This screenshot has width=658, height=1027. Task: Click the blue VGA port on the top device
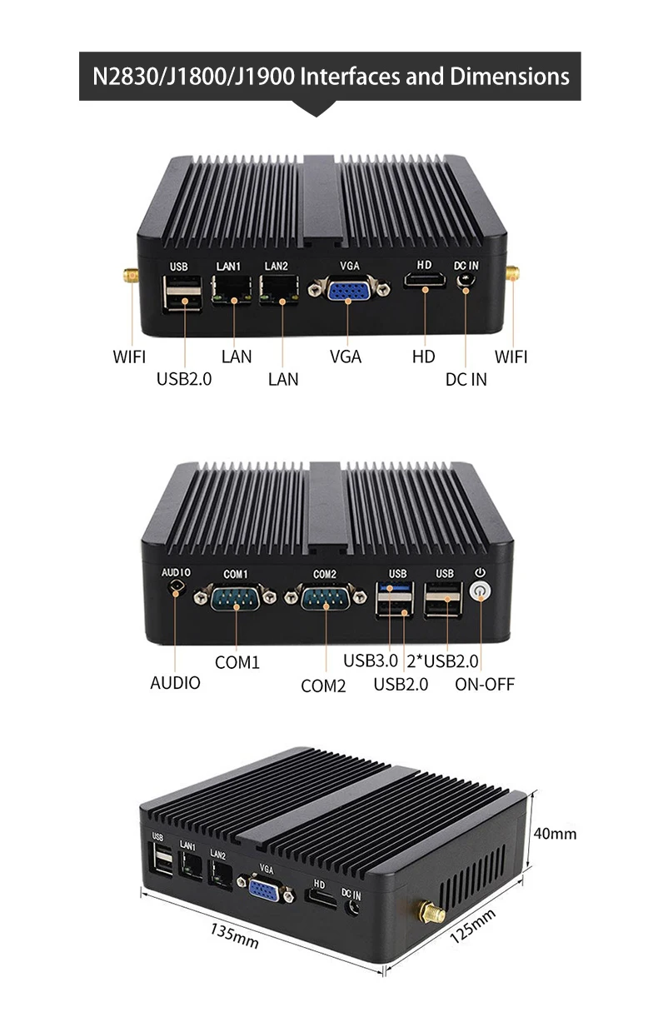tap(347, 292)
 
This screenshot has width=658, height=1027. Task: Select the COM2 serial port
tap(325, 598)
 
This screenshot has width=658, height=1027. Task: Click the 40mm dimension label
tap(554, 834)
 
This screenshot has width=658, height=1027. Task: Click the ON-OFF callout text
tap(485, 685)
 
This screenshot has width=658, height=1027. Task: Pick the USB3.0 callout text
tap(371, 662)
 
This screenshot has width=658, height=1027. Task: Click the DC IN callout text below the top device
tap(466, 379)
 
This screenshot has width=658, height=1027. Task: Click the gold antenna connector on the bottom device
tap(431, 915)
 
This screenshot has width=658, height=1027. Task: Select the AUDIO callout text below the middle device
tap(175, 683)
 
